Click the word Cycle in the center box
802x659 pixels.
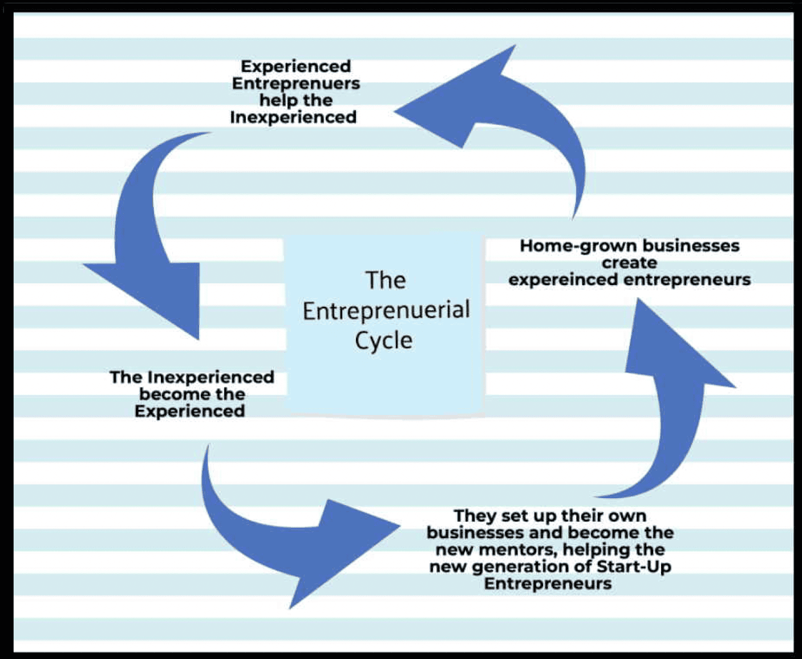coord(384,341)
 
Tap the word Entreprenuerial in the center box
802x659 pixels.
coord(386,311)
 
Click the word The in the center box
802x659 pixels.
coord(386,280)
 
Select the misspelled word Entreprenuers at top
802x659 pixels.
coord(296,83)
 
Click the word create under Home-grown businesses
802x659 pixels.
coord(629,263)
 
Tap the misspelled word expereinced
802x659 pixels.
coord(562,280)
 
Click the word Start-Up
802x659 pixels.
coord(634,567)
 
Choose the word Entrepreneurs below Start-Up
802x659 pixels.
coord(548,584)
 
